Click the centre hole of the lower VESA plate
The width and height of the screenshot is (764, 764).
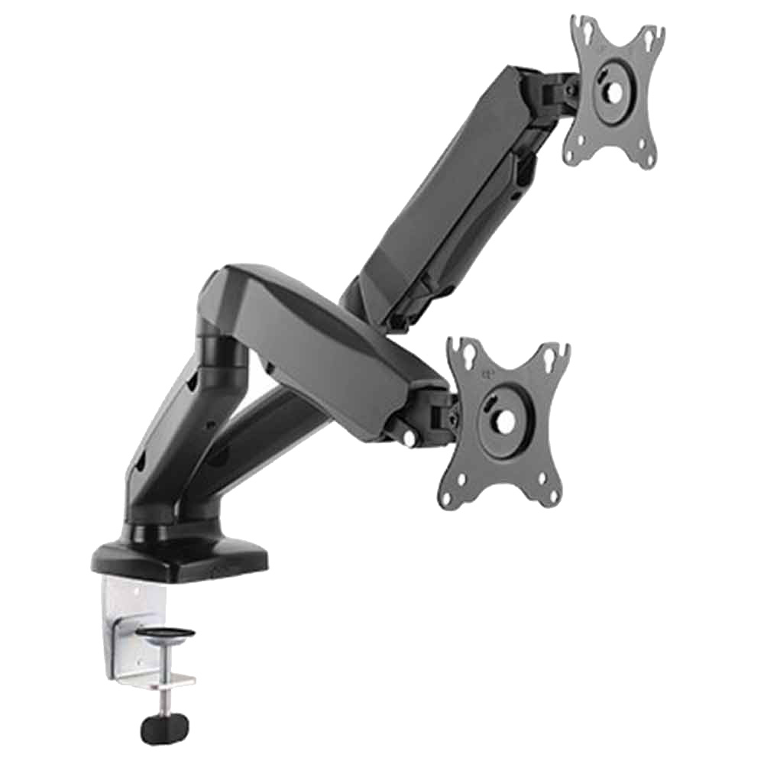click(x=505, y=419)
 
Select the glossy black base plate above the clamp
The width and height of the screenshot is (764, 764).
click(x=180, y=555)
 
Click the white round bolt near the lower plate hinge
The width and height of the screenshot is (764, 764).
click(x=410, y=438)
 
